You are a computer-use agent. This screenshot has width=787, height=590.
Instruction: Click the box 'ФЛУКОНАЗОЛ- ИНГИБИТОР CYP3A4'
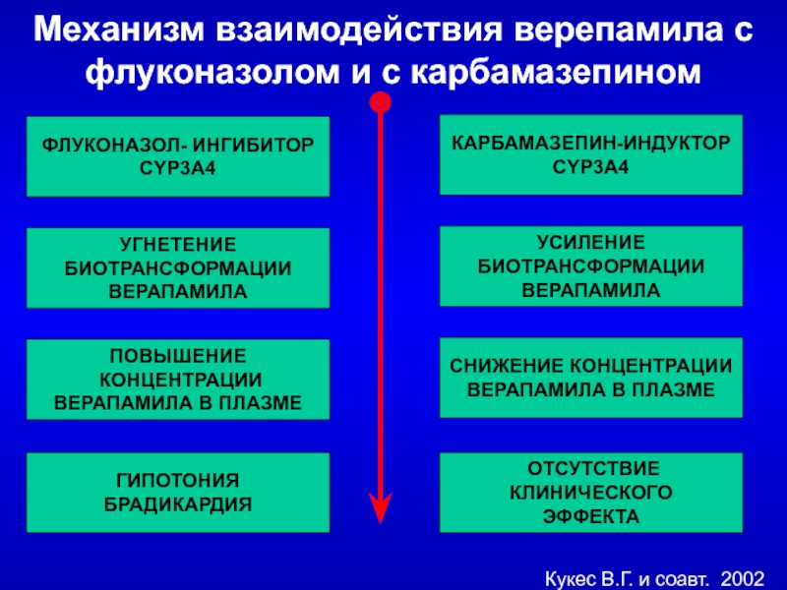click(177, 157)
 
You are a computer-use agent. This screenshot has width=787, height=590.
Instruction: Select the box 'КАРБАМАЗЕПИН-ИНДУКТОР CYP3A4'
click(590, 154)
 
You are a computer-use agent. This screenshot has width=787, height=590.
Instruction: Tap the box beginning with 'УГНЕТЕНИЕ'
click(177, 267)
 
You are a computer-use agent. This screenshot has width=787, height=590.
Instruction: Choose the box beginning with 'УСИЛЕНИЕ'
click(590, 265)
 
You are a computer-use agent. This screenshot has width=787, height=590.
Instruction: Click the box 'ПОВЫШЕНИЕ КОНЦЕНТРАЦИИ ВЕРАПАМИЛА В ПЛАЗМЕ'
click(177, 379)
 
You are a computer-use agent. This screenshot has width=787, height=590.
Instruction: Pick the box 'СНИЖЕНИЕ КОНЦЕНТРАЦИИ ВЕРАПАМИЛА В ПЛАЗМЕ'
click(590, 378)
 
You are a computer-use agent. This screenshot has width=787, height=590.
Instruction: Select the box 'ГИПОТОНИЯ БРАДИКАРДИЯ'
click(177, 492)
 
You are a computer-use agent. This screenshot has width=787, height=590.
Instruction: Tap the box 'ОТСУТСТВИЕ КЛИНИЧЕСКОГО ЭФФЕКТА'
click(590, 492)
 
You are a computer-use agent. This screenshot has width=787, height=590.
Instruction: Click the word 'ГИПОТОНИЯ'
click(177, 481)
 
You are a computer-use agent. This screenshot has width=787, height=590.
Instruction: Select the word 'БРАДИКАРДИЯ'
click(177, 503)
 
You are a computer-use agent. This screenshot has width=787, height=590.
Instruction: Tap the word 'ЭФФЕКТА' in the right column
click(590, 515)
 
